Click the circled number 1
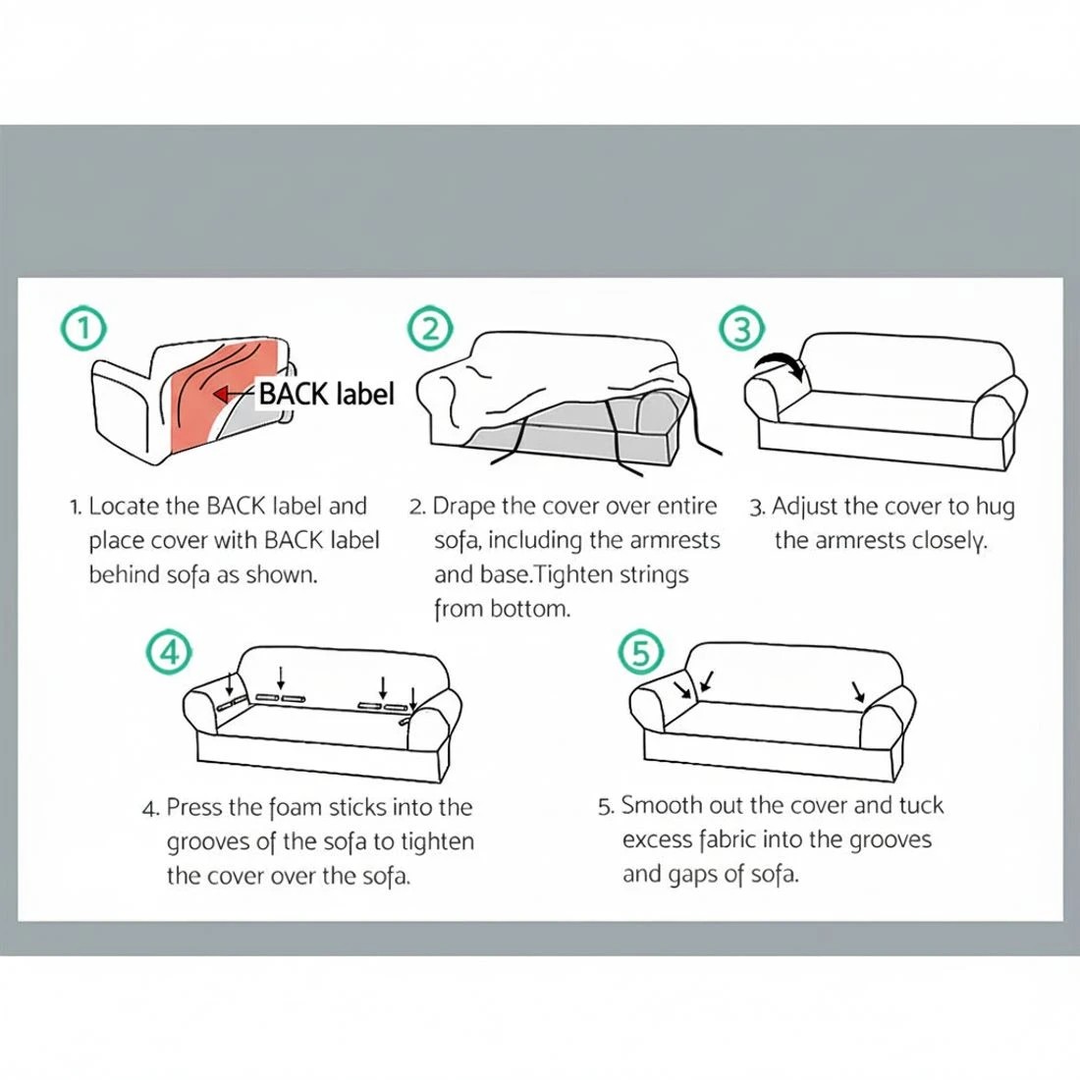tap(84, 329)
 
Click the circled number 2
tap(430, 329)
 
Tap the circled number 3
tap(742, 329)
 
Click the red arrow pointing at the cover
tap(233, 394)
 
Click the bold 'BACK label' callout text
tap(325, 394)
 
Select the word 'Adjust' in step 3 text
tap(805, 508)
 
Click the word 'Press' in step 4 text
tap(194, 808)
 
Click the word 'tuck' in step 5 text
tap(920, 806)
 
